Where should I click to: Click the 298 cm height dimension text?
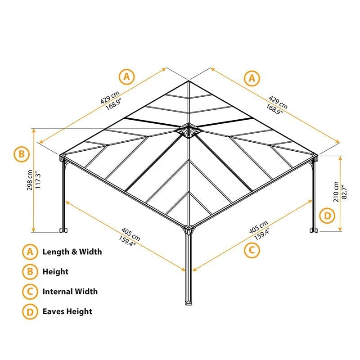tap(30, 180)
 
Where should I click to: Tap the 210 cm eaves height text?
tap(336, 192)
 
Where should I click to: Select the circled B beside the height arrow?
tap(22, 154)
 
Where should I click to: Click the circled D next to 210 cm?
tap(327, 216)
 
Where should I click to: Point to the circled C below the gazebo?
tap(252, 250)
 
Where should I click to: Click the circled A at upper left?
tap(126, 76)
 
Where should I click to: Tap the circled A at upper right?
tap(252, 78)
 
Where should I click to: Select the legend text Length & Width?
tap(72, 252)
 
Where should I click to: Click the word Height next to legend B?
tap(55, 272)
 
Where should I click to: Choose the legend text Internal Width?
tap(70, 292)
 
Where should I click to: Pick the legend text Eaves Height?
tap(67, 311)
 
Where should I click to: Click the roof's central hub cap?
tap(188, 130)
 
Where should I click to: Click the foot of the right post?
tap(313, 230)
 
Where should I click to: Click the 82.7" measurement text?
tap(344, 192)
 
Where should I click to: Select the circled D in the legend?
tap(30, 312)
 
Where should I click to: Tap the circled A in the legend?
tap(30, 252)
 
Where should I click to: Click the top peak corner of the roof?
tap(189, 81)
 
